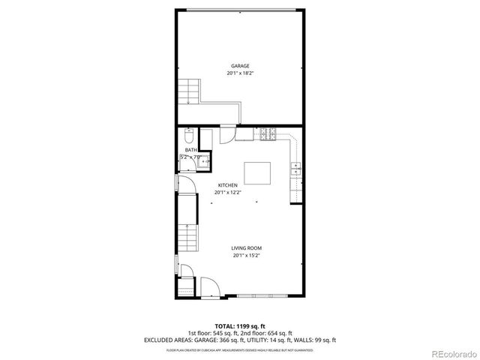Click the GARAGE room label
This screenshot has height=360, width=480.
[240, 66]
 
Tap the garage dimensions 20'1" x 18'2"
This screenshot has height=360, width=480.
[240, 73]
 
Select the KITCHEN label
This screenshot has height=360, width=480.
[228, 185]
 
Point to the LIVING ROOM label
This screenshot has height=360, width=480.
[246, 248]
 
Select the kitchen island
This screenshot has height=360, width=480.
[259, 173]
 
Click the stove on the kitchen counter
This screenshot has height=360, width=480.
[266, 135]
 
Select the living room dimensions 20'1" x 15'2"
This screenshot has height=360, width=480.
[246, 256]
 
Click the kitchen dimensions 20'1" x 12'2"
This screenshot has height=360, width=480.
[228, 193]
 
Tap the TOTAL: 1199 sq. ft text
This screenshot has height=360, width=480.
[240, 325]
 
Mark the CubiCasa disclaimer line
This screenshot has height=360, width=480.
[240, 349]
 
